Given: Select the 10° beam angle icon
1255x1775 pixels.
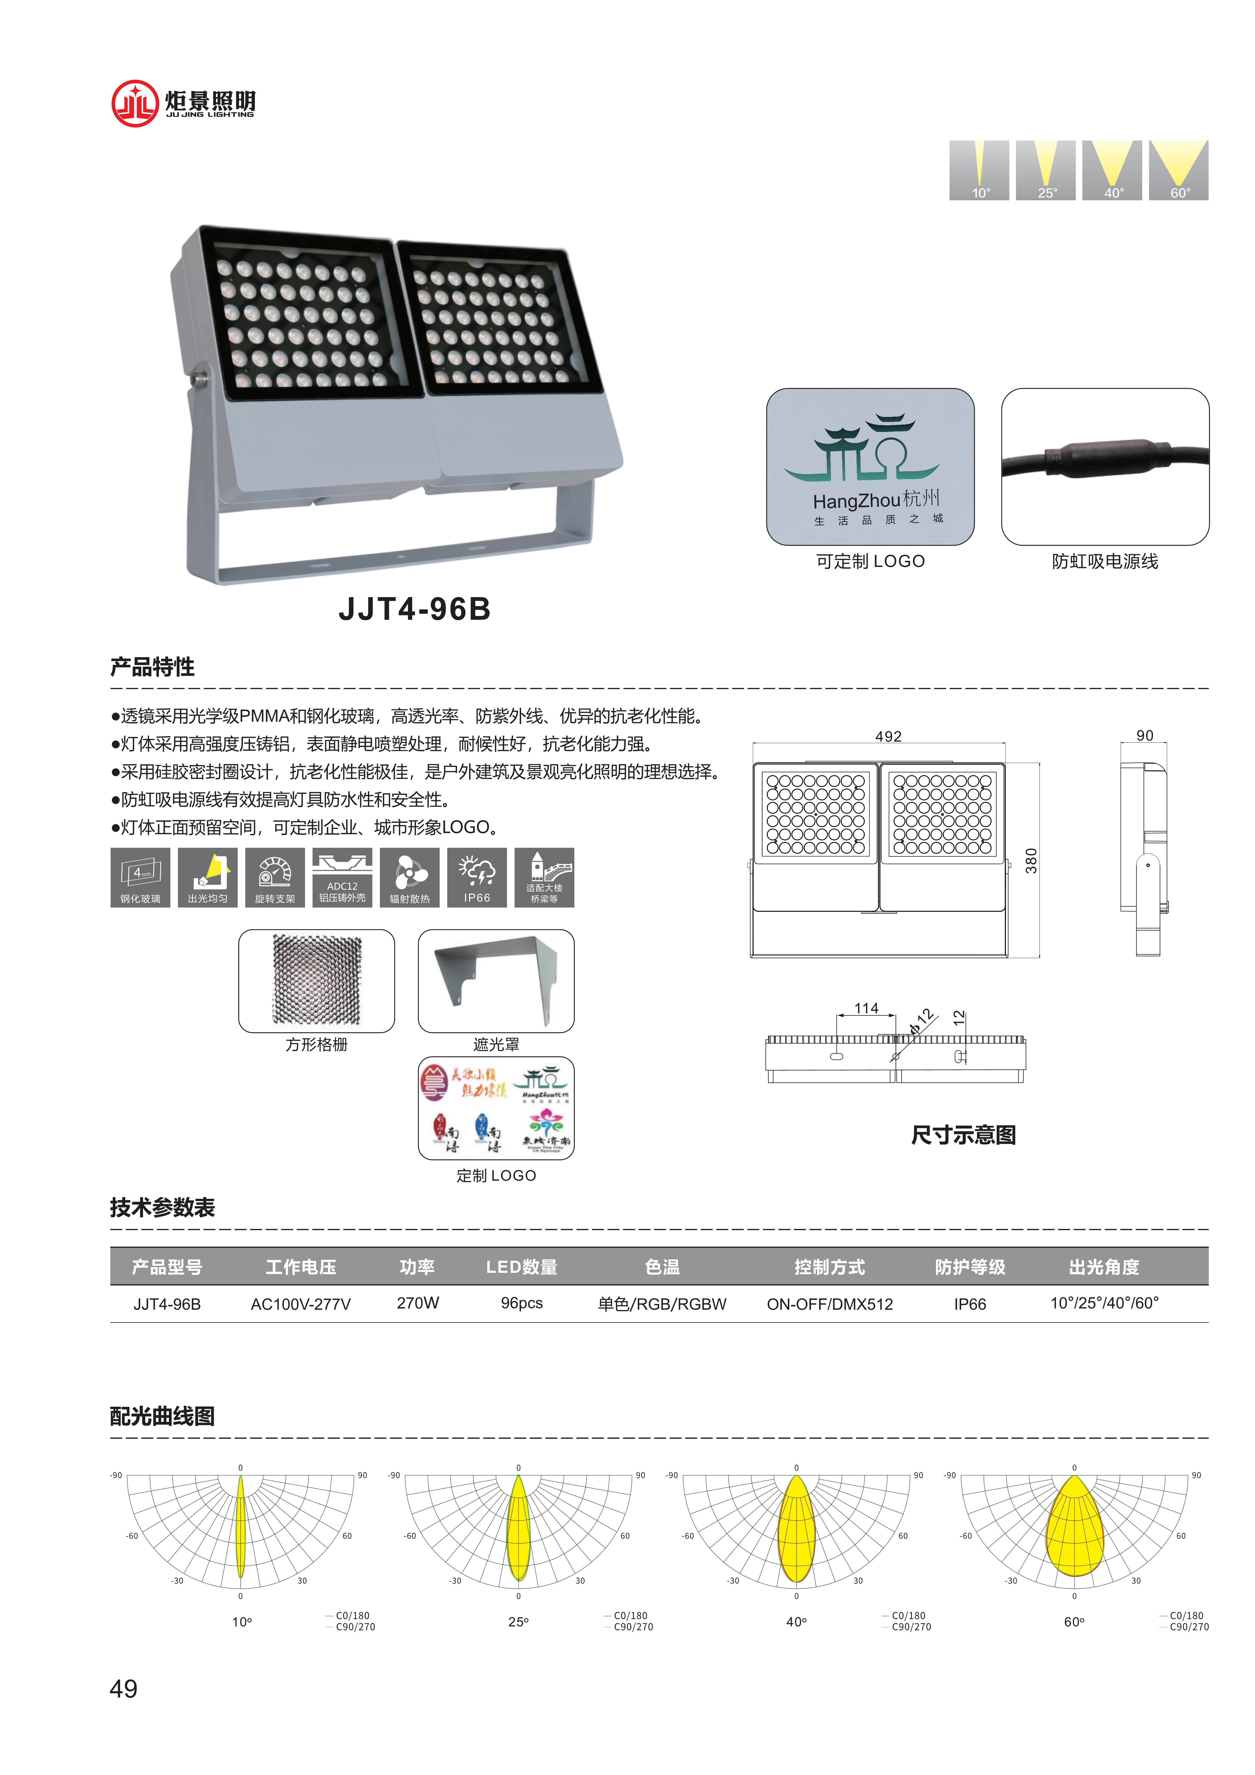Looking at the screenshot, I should pyautogui.click(x=979, y=170).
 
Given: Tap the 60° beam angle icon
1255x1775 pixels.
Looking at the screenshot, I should pyautogui.click(x=1179, y=170).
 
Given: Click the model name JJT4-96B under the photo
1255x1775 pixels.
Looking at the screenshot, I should pyautogui.click(x=415, y=609).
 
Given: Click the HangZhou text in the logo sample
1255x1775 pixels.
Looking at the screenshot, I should pyautogui.click(x=856, y=501).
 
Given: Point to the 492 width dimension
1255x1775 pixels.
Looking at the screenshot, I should pyautogui.click(x=888, y=736).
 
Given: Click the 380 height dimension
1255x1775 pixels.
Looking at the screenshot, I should pyautogui.click(x=1031, y=860).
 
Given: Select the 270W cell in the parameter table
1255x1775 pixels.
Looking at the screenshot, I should pyautogui.click(x=417, y=1303).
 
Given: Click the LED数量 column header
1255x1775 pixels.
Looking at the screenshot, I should pyautogui.click(x=521, y=1267).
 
